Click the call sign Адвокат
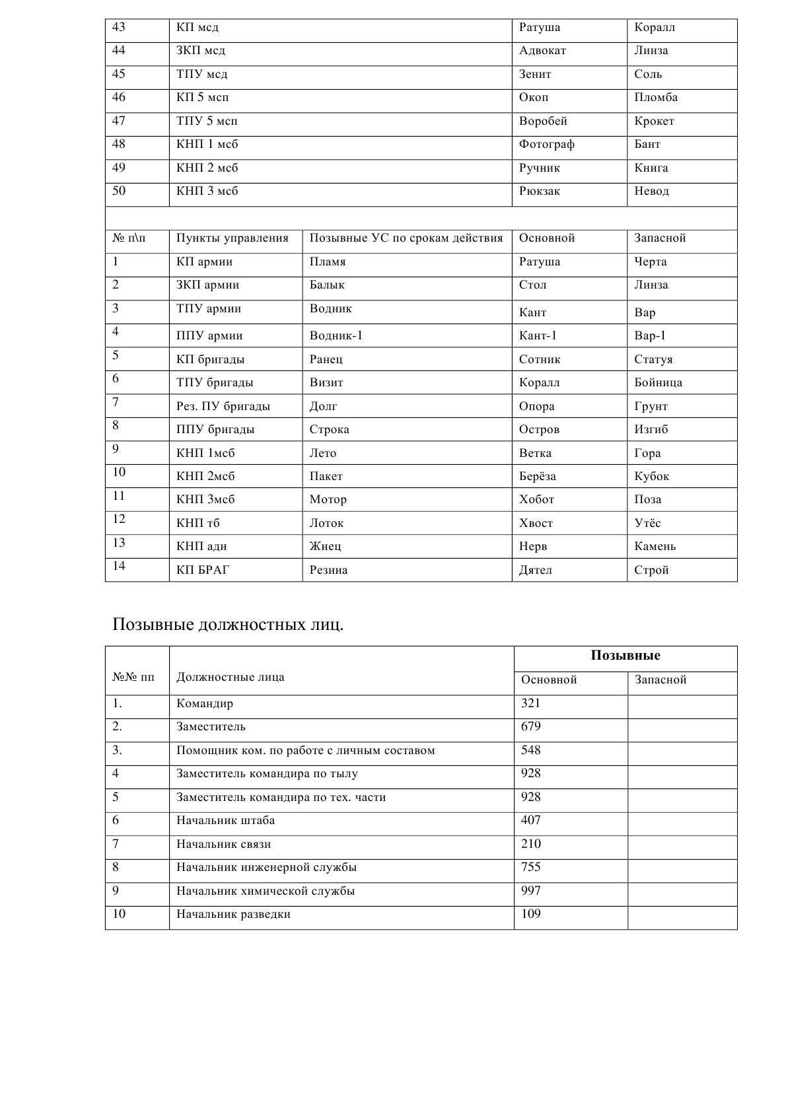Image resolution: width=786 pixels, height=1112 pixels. pos(542,51)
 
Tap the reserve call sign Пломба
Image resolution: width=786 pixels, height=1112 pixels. pos(656,98)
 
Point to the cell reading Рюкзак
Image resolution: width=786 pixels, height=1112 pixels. pos(540,191)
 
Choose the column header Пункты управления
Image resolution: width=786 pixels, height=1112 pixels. pos(232,238)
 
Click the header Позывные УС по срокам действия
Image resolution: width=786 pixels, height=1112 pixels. pos(406,238)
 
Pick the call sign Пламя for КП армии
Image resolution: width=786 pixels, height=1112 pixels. pos(328,262)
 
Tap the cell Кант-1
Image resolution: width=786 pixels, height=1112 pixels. pos(538,336)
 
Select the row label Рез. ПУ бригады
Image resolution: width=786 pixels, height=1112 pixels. pos(223,407)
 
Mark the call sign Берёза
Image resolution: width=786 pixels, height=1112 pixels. pos(538,477)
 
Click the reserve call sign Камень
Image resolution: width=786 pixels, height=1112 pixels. pos(655,547)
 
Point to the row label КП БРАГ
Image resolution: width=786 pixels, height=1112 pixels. pos(203,571)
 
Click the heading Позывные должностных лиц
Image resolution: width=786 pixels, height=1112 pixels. pos(228,624)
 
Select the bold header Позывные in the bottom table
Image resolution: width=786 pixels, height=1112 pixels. pos(625,656)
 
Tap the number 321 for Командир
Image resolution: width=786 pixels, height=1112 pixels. pos(531,703)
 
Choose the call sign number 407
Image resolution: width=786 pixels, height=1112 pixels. pos(531,821)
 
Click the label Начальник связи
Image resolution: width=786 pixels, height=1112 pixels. pos(223,845)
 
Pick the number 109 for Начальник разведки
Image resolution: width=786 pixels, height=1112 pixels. pos(531,915)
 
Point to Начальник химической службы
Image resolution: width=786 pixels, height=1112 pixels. pos(266,891)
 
